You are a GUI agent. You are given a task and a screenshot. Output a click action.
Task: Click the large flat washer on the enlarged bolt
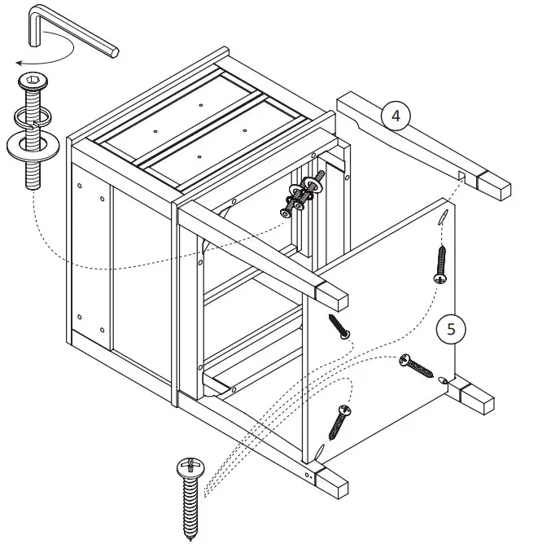(33, 144)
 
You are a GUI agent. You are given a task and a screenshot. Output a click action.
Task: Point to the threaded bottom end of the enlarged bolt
(33, 177)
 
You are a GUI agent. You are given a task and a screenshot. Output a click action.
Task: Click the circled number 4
(396, 116)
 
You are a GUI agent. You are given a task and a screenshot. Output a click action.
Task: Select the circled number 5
(451, 329)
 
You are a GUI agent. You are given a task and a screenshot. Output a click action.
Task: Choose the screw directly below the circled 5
(417, 366)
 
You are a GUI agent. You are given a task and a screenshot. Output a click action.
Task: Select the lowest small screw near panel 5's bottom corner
(340, 420)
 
